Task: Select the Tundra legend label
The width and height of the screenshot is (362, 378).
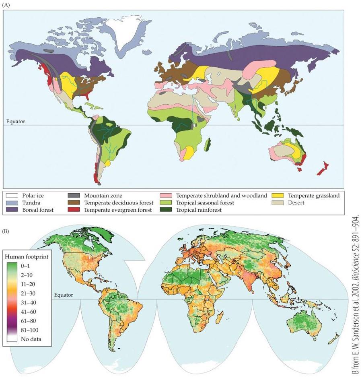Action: tap(31, 203)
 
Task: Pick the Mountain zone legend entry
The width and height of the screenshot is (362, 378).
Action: tap(103, 196)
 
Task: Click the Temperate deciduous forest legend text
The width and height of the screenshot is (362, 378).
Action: tap(118, 203)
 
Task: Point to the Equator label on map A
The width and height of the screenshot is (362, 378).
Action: tap(16, 122)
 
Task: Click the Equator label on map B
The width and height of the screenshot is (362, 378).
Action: tap(63, 295)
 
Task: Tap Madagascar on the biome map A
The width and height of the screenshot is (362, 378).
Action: tap(208, 144)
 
